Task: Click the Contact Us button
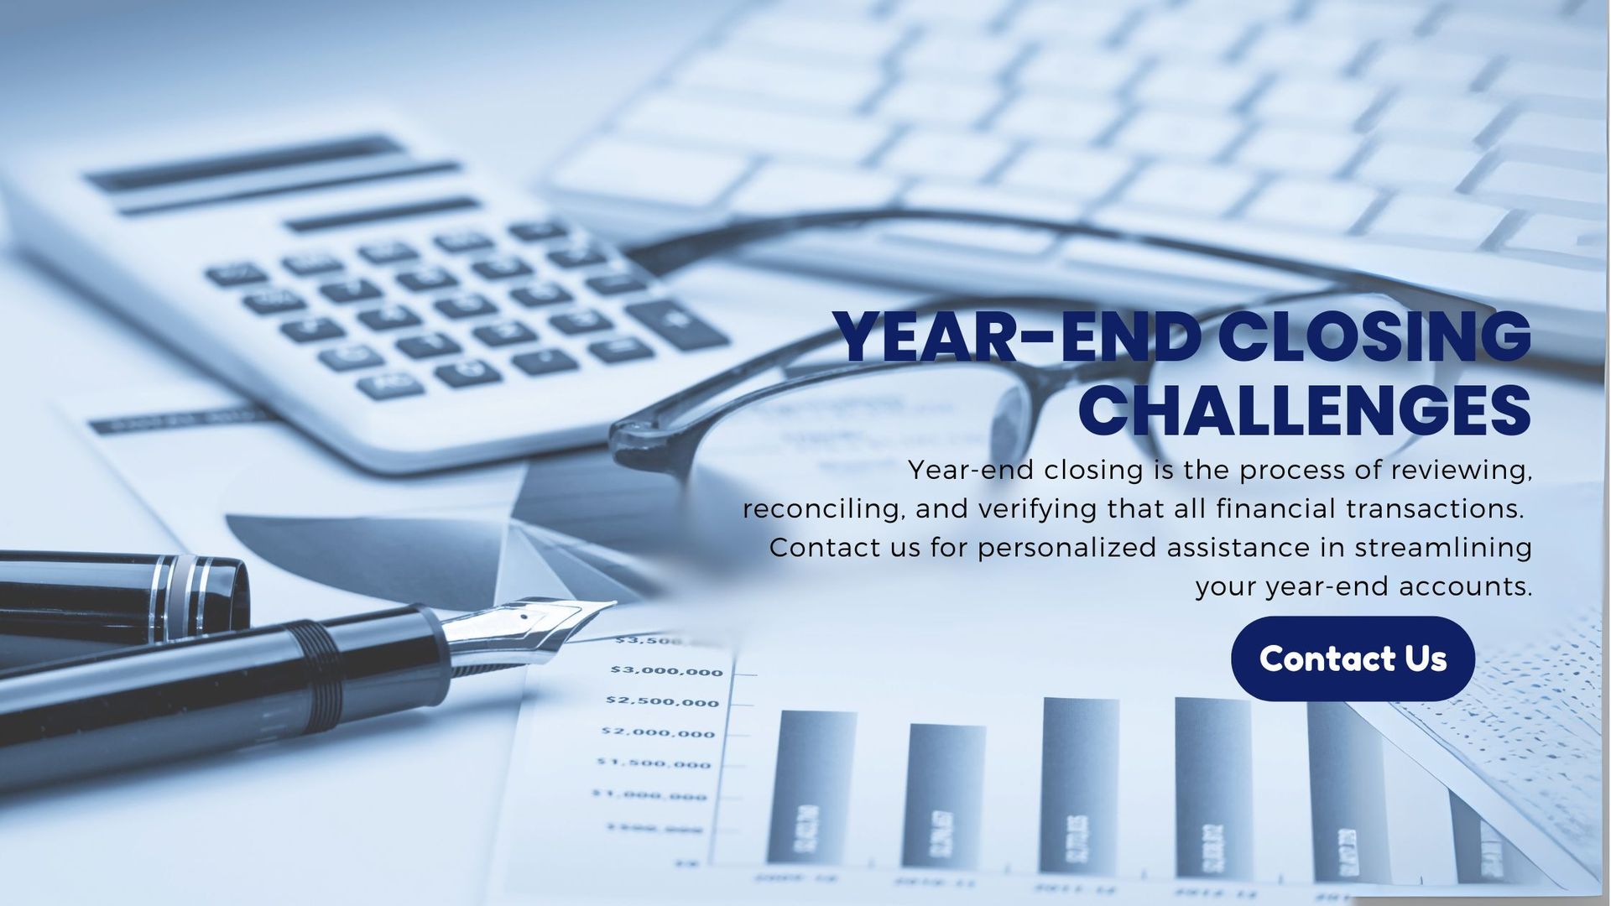click(x=1353, y=659)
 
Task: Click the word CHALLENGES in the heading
click(x=1305, y=410)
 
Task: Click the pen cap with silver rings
click(x=126, y=591)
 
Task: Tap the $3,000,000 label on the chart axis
click(x=666, y=671)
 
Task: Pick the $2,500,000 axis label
click(x=664, y=702)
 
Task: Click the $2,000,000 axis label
click(x=658, y=733)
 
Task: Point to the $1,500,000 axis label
click(x=654, y=764)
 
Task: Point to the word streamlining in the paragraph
click(x=1443, y=548)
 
